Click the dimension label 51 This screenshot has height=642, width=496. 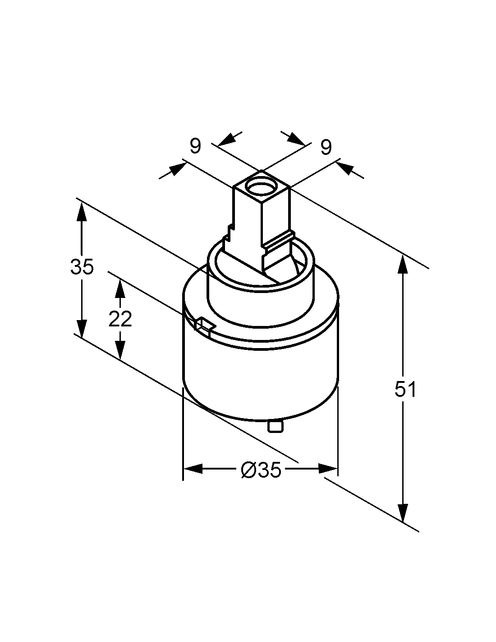tap(405, 389)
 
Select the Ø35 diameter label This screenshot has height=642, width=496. tap(261, 470)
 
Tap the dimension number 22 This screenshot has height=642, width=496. tap(120, 319)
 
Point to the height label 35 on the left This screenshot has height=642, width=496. tap(82, 266)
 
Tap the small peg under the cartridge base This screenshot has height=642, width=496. tap(276, 427)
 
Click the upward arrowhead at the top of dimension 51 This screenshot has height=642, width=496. tap(403, 265)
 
